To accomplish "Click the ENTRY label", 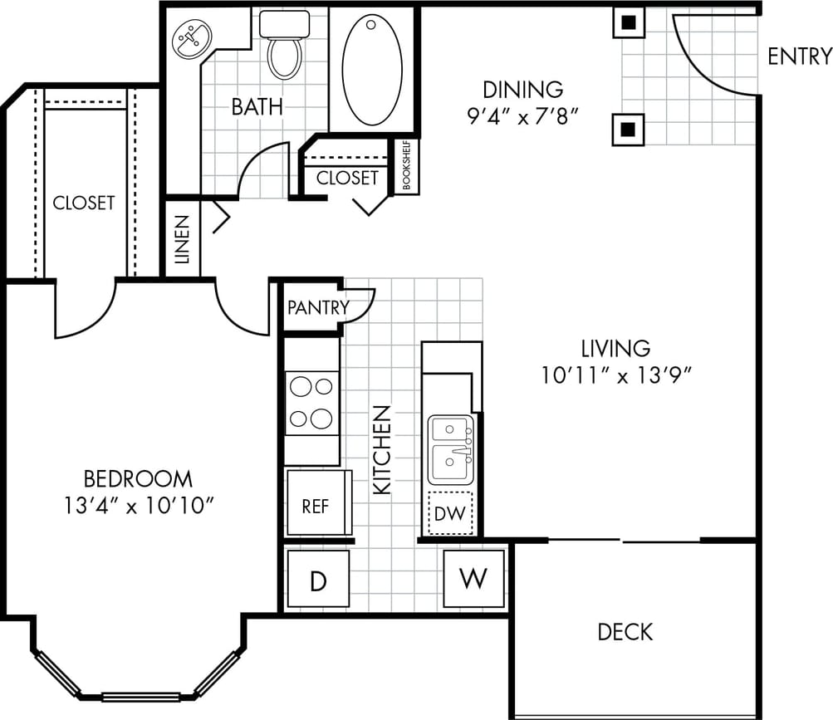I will tap(799, 56).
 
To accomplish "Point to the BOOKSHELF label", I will tap(407, 166).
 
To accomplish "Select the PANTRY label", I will tap(318, 307).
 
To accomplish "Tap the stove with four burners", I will tap(311, 403).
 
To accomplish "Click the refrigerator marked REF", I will tap(316, 505).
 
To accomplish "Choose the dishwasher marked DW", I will tap(450, 513).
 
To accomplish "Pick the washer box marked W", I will tap(473, 578).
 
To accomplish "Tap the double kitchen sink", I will tap(451, 449).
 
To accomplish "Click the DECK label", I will tap(625, 632).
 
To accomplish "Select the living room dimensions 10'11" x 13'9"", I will tap(615, 375).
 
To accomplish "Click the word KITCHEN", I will tap(381, 450).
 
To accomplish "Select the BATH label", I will tap(257, 106).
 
